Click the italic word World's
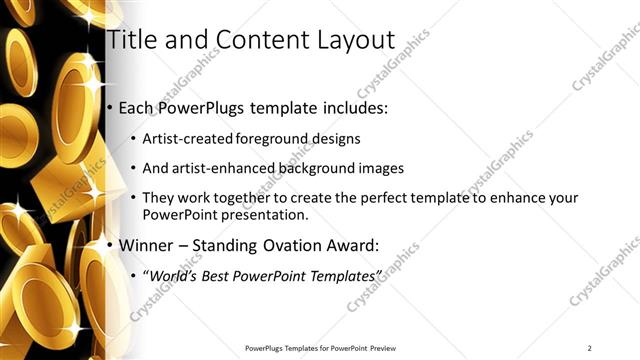[176, 275]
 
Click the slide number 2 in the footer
[590, 348]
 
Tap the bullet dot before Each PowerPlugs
[110, 108]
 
